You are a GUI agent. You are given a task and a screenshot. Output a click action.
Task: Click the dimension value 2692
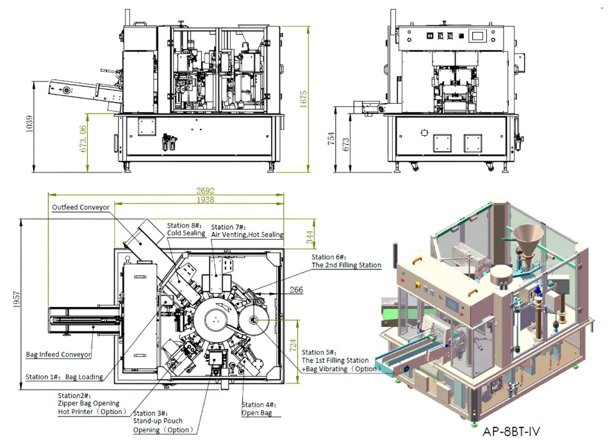(205, 191)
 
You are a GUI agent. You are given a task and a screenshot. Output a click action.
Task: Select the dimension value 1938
(205, 200)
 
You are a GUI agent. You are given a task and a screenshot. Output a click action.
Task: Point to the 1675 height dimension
(304, 99)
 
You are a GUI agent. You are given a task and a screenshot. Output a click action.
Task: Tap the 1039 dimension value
(29, 124)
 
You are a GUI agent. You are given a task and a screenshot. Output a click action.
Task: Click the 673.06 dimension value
(83, 138)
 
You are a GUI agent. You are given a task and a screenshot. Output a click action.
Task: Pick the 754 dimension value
(331, 138)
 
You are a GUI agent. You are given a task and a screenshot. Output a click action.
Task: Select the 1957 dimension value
(17, 299)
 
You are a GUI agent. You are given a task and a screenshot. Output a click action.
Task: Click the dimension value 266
(297, 290)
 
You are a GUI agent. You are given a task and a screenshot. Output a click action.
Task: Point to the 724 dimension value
(293, 345)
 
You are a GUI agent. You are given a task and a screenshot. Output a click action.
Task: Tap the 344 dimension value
(309, 237)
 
